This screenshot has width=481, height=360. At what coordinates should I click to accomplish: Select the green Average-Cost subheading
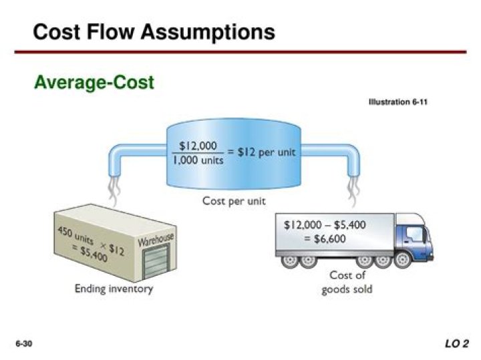pyautogui.click(x=94, y=82)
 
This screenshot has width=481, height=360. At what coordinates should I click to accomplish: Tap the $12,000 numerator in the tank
pyautogui.click(x=198, y=145)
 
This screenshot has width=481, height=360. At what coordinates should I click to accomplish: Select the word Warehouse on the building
pyautogui.click(x=156, y=238)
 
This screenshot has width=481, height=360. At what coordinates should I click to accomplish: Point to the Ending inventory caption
pyautogui.click(x=114, y=289)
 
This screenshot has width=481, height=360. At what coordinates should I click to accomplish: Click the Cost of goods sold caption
pyautogui.click(x=347, y=282)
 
